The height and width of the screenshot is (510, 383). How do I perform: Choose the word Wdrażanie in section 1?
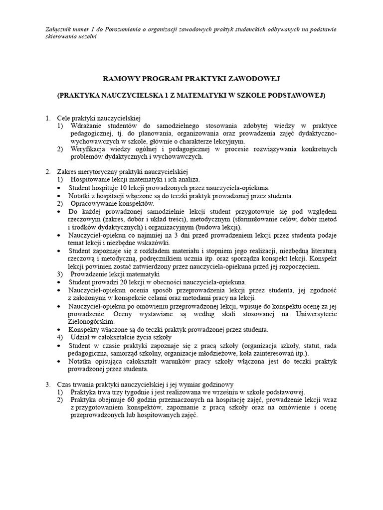(85, 127)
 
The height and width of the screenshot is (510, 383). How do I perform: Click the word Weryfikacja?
(89, 149)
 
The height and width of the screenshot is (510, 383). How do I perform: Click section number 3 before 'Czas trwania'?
(48, 384)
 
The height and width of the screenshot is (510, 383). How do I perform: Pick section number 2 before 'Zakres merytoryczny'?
(48, 171)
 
